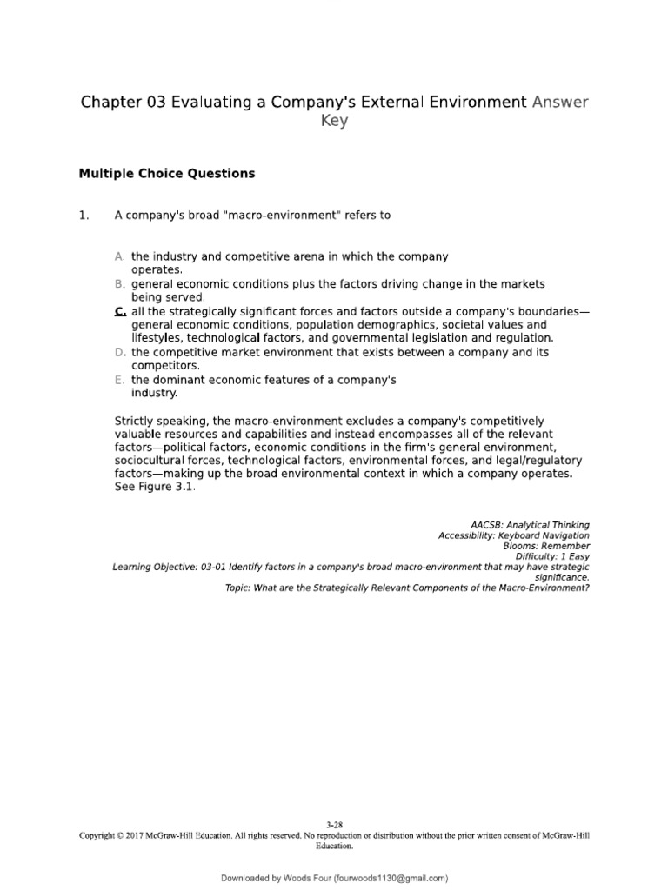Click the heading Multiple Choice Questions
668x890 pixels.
coord(167,173)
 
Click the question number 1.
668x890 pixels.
coord(84,216)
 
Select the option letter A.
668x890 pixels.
coord(120,257)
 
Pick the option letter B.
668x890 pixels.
coord(120,284)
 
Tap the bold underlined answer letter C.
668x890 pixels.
coord(120,310)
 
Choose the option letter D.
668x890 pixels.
coord(120,352)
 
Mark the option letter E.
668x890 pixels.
coord(120,380)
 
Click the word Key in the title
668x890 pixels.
coord(333,121)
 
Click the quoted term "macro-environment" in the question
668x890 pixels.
coord(283,216)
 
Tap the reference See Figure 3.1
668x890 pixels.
coord(155,488)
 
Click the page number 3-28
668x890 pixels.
coord(334,824)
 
